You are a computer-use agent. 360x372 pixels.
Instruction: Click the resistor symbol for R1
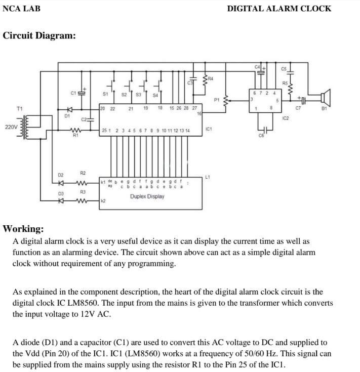pos(75,130)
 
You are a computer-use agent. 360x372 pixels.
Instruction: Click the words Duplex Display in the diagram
pos(147,196)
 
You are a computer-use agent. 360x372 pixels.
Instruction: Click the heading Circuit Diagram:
pos(39,36)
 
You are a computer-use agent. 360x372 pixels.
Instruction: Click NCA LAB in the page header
pos(21,8)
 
